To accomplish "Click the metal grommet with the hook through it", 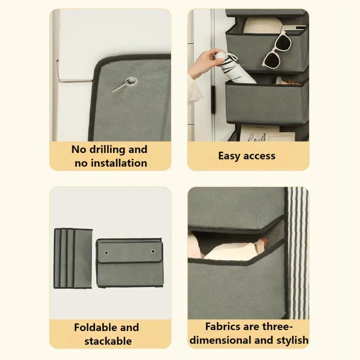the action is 131,81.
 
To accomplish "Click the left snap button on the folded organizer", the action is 106,253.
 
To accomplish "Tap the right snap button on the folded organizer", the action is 153,252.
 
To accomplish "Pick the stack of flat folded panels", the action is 73,258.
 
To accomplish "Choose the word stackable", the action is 108,341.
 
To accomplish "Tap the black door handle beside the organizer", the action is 213,100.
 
